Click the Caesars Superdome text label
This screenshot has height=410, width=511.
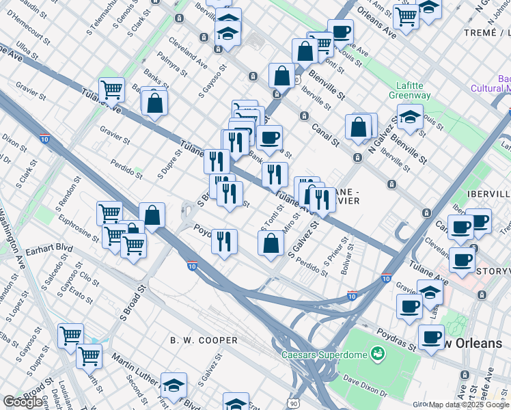tap(324, 354)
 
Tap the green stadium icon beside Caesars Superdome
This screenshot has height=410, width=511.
tap(376, 353)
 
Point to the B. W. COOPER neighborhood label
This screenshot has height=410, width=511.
tap(204, 340)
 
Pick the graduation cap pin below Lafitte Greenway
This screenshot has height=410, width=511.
tap(410, 117)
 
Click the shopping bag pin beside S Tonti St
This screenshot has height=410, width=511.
tap(271, 243)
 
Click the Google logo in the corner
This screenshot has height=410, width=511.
tap(23, 402)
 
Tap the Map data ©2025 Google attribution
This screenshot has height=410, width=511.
tap(469, 405)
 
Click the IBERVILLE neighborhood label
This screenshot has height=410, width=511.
tap(488, 193)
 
